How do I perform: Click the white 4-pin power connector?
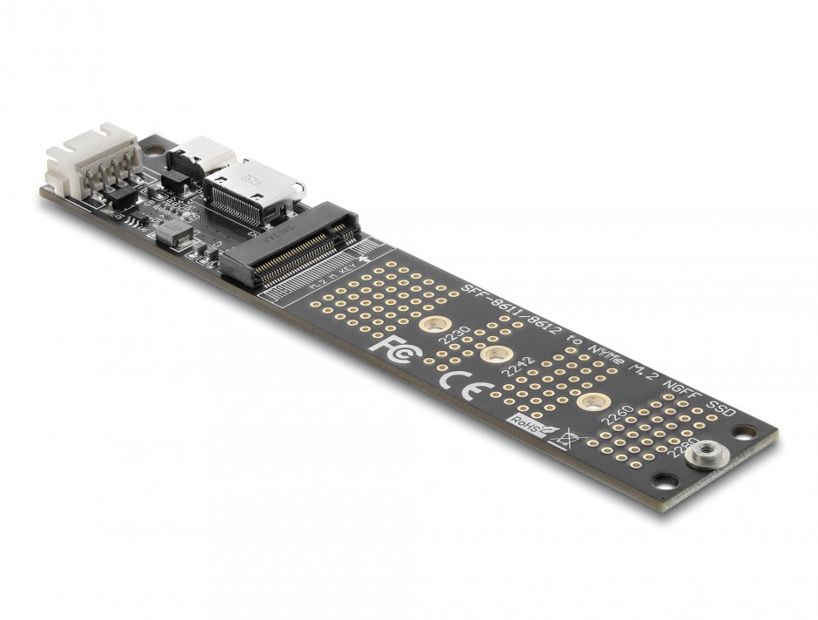pyautogui.click(x=91, y=158)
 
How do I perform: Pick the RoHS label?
pyautogui.click(x=524, y=424)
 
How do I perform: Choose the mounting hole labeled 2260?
pyautogui.click(x=593, y=403)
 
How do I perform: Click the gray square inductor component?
pyautogui.click(x=172, y=233)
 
